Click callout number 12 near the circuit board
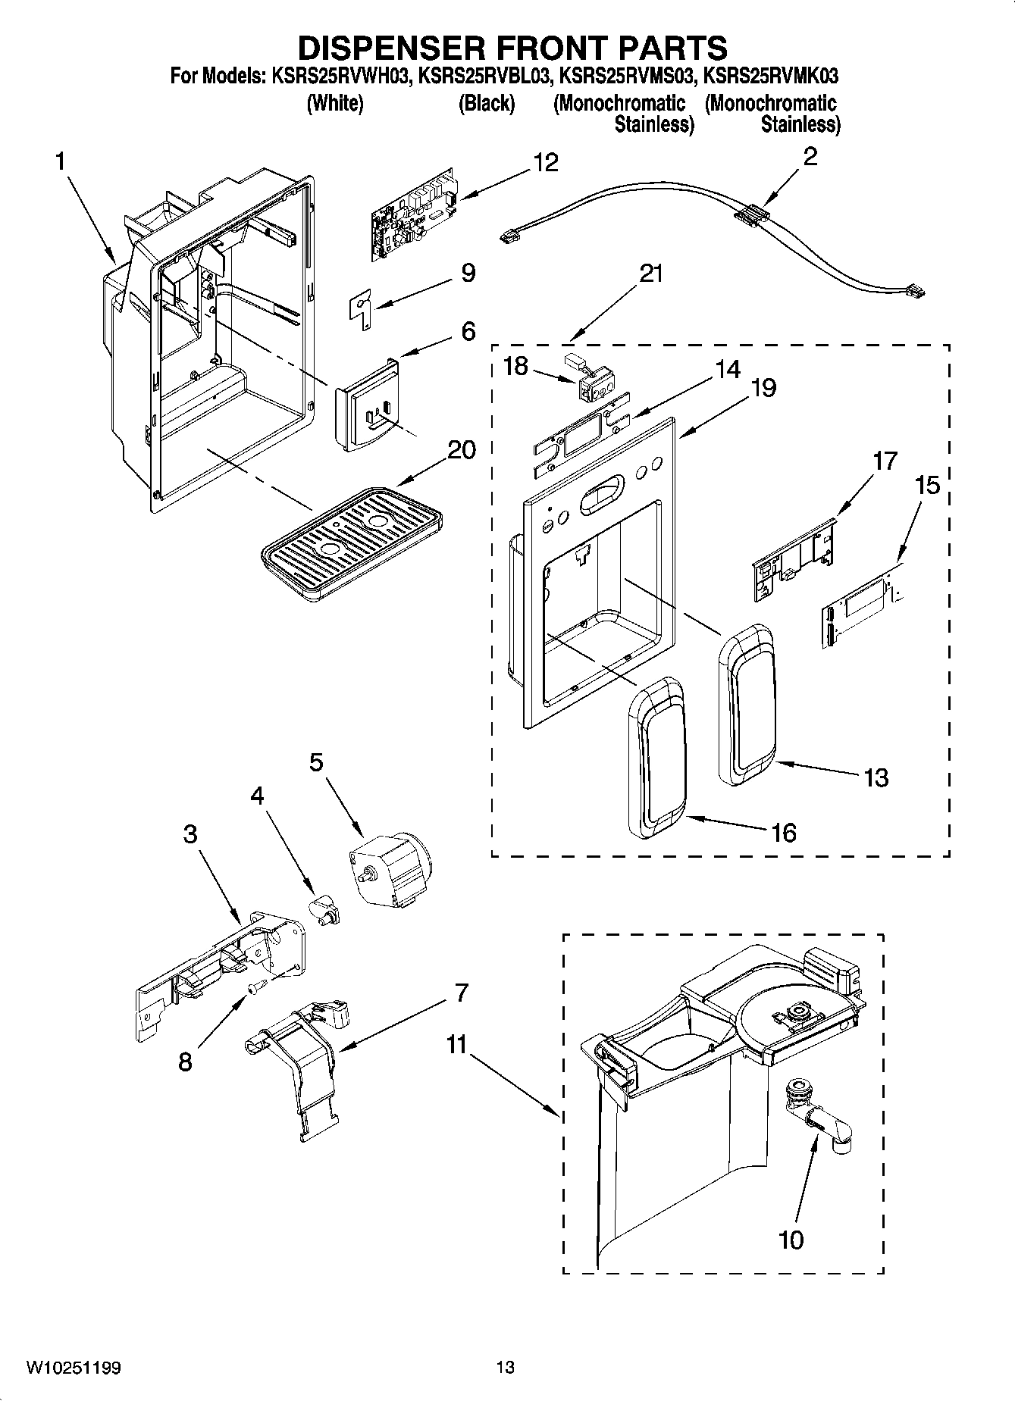(545, 162)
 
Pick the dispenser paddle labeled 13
(747, 705)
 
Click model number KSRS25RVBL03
(481, 76)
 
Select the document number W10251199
(74, 1368)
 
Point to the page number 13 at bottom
(506, 1367)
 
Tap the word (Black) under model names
(486, 103)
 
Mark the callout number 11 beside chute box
(456, 1045)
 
